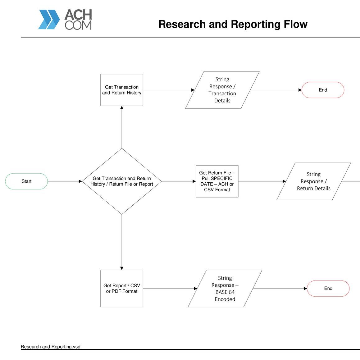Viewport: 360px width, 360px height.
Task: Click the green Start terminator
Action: (x=26, y=181)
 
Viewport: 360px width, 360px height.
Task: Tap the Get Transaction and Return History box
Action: (x=122, y=90)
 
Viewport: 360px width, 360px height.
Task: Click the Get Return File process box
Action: (x=217, y=181)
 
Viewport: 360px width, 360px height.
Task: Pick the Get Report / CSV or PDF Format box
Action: (x=122, y=288)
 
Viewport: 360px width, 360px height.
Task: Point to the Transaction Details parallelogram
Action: (x=222, y=90)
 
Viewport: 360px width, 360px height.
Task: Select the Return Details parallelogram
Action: (x=313, y=181)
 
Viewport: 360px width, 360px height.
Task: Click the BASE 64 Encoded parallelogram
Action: (x=225, y=288)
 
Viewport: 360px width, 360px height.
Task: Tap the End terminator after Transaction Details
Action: (x=323, y=90)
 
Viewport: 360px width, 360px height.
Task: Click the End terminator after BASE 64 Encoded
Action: (x=328, y=288)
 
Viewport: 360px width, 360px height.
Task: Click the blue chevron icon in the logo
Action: (x=49, y=19)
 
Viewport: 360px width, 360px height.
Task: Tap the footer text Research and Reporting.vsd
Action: (x=50, y=347)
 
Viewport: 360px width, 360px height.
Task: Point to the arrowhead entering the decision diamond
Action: (x=80, y=181)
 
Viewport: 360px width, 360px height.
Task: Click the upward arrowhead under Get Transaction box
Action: (x=122, y=107)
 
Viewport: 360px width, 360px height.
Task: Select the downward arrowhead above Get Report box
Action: (x=122, y=268)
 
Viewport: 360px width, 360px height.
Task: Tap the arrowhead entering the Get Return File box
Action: (x=194, y=181)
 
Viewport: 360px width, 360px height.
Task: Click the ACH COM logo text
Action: (x=78, y=19)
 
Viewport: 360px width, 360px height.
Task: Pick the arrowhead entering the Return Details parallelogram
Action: (x=284, y=181)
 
